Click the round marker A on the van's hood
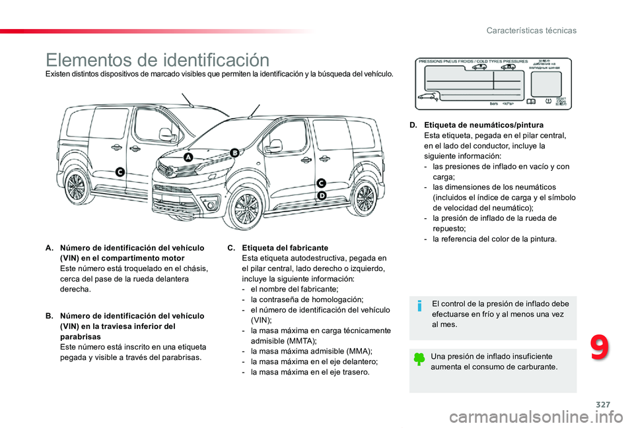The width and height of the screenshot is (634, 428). click(188, 158)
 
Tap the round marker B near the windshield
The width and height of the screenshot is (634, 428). click(234, 153)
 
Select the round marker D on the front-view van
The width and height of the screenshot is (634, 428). click(322, 196)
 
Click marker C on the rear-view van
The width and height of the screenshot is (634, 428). click(120, 171)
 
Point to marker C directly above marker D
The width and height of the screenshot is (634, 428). click(322, 183)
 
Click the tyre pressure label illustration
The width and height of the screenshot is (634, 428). click(493, 84)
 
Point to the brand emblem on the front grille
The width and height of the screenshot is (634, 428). click(170, 171)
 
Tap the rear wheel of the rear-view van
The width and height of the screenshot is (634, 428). click(75, 187)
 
